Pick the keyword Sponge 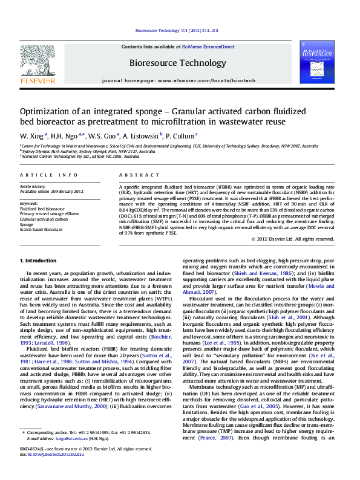point(27,224)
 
